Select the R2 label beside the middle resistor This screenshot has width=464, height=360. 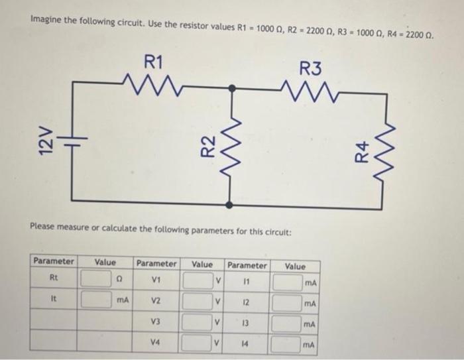pyautogui.click(x=208, y=146)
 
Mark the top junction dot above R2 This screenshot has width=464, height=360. pyautogui.click(x=231, y=87)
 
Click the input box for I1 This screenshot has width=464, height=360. pyautogui.click(x=289, y=283)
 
